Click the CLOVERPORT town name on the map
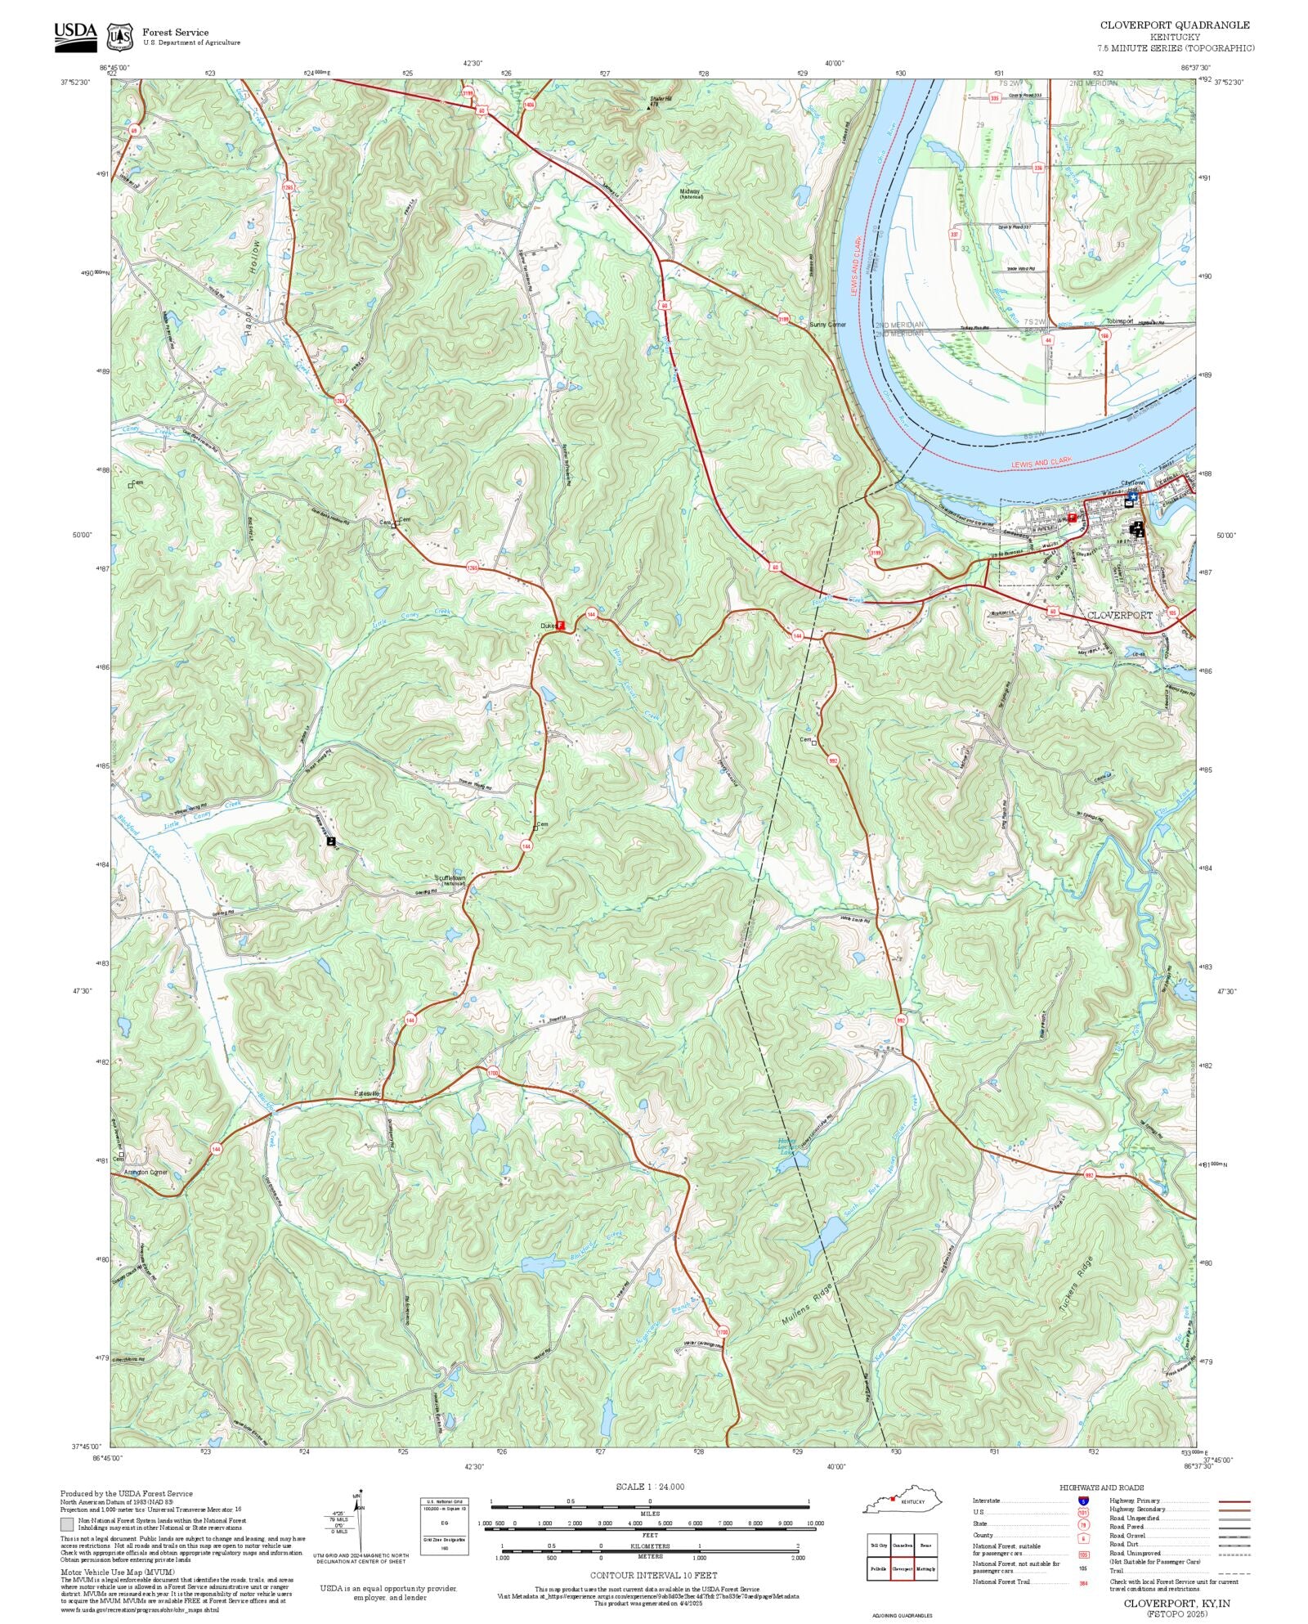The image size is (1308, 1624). pos(1119,614)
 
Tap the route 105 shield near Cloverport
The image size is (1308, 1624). pos(1172,612)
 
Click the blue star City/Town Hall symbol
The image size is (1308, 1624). pos(1132,496)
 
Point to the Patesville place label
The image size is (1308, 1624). pos(367,1093)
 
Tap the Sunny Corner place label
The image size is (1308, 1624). pos(827,325)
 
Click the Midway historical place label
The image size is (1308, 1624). pos(690,193)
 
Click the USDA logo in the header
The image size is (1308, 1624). pos(75,36)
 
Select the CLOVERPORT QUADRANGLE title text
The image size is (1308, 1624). pos(1175,25)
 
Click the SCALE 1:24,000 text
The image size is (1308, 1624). pos(650,1487)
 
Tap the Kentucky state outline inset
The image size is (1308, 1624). pos(903,1501)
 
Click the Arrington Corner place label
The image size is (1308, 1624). pos(145,1172)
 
